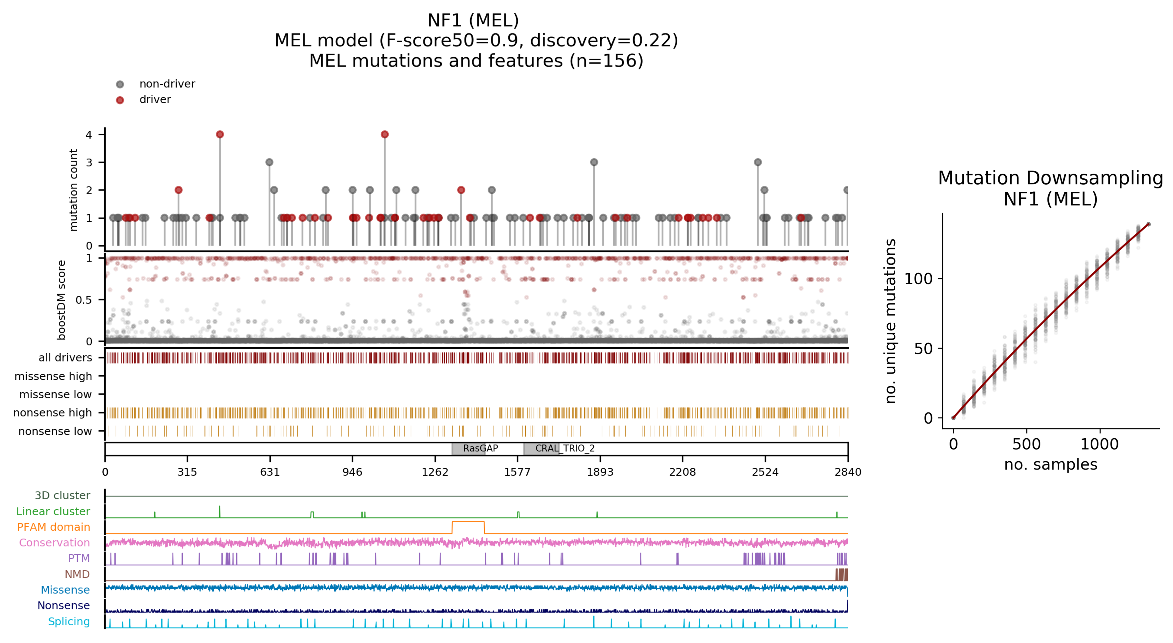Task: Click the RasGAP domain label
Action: [x=480, y=448]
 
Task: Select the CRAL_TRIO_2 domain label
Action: [x=565, y=448]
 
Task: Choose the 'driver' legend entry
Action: [x=155, y=99]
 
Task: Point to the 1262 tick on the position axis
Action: [x=435, y=472]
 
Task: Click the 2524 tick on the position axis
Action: [x=765, y=472]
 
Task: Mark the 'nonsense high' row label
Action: [x=52, y=412]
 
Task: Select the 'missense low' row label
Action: [x=55, y=394]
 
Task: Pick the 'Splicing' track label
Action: [x=69, y=622]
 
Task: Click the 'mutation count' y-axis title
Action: [x=73, y=190]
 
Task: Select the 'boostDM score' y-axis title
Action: [x=61, y=300]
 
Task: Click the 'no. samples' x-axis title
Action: [x=1050, y=464]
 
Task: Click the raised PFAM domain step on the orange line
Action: [x=468, y=522]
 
